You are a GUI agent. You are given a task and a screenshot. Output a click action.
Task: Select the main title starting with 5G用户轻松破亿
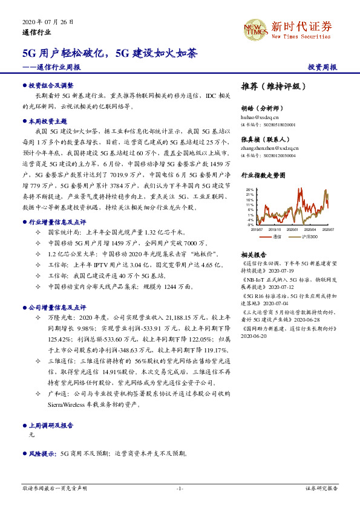pyautogui.click(x=110, y=53)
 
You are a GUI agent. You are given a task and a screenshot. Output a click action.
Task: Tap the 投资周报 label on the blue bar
pyautogui.click(x=322, y=68)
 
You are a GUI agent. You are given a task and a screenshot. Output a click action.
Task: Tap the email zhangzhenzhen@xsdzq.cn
pyautogui.click(x=270, y=147)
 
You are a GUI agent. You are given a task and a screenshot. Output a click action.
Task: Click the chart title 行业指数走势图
pyautogui.click(x=263, y=175)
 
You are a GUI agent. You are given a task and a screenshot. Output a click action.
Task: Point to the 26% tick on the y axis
pyautogui.click(x=249, y=189)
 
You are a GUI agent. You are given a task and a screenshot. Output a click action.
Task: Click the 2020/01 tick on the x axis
pyautogui.click(x=293, y=229)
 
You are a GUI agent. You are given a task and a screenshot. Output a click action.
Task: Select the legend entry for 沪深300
pyautogui.click(x=310, y=237)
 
